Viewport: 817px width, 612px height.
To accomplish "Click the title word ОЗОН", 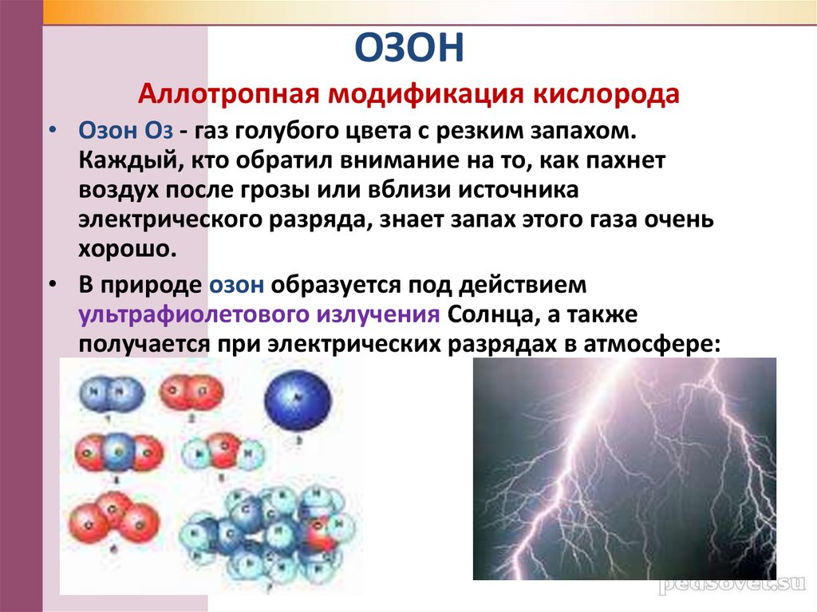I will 408,49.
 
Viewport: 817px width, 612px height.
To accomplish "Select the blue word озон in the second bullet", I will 238,285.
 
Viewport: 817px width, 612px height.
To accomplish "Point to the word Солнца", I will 486,314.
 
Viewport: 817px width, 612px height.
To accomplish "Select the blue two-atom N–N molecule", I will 112,393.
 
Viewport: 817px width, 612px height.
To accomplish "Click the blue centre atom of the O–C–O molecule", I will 116,452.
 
